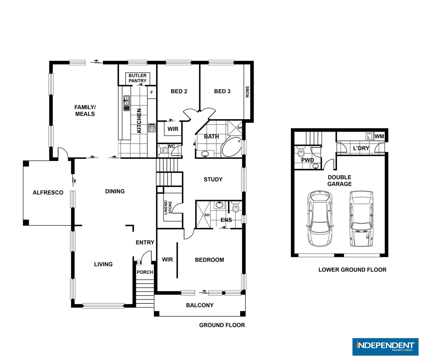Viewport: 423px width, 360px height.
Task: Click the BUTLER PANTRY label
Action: [138, 78]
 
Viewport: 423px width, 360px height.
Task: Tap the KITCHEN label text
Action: [139, 120]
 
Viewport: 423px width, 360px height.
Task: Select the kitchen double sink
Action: [127, 103]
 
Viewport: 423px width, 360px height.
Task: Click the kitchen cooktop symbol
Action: [152, 128]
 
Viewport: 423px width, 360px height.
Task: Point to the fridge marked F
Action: [152, 92]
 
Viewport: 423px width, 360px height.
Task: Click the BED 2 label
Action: [179, 91]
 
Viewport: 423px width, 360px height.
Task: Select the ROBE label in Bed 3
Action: [247, 92]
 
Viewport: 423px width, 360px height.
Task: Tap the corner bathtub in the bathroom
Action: [232, 147]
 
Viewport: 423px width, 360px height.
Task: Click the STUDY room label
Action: [213, 179]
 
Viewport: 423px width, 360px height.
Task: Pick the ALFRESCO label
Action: [48, 193]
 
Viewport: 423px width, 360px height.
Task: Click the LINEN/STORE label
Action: [168, 207]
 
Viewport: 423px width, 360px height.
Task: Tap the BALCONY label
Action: [200, 305]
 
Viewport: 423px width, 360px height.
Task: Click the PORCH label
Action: [145, 272]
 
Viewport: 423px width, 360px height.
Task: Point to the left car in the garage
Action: [319, 218]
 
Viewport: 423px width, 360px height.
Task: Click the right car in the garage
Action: [361, 218]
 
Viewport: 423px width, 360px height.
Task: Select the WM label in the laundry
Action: [379, 136]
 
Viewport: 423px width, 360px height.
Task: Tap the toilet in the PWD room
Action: [301, 153]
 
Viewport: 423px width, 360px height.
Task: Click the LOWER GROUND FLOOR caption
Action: [352, 270]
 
